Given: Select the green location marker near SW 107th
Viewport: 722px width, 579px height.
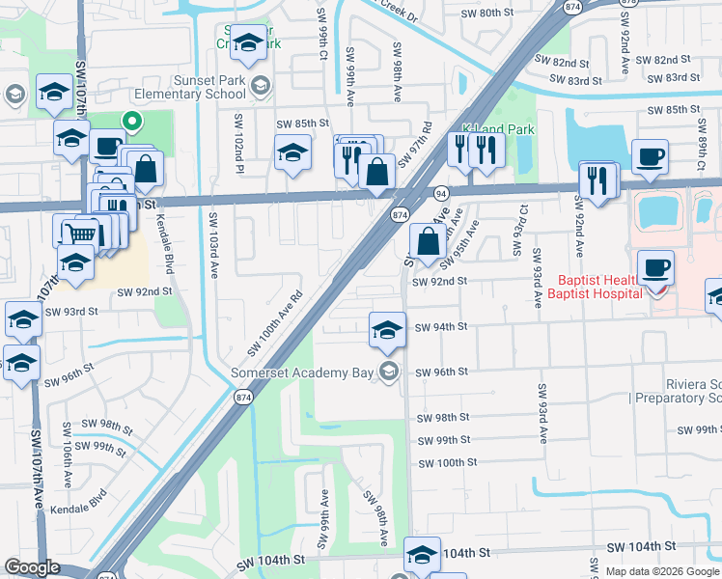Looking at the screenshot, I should coord(131,121).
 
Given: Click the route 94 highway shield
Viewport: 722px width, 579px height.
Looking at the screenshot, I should coord(439,193).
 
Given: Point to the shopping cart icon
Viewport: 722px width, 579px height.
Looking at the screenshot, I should coord(81,233).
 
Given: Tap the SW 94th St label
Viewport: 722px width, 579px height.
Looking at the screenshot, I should coord(441,327).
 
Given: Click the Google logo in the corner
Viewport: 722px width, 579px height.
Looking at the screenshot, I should coord(32,567).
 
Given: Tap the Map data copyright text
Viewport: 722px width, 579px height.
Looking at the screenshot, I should coord(662,571).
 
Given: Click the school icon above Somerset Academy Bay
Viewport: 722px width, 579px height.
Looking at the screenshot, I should coord(386,329).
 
